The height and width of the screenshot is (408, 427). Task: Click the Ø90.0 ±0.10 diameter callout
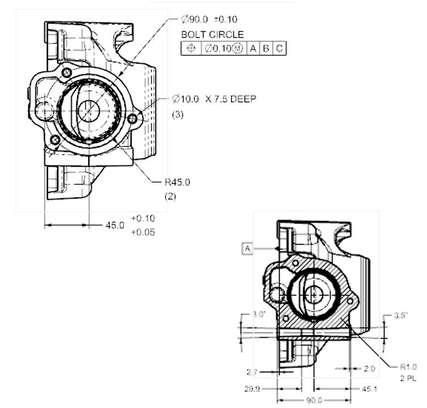[209, 20]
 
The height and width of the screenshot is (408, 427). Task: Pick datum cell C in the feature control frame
[279, 48]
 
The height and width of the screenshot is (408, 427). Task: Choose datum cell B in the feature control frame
[266, 48]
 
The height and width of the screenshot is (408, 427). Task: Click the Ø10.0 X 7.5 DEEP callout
[214, 98]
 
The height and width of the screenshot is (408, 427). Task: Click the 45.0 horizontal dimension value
[115, 225]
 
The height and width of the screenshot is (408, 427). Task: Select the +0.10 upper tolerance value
[143, 218]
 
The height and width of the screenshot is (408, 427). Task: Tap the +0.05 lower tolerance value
[143, 233]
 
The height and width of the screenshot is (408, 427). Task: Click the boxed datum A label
[248, 249]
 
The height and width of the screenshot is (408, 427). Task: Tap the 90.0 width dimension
[314, 400]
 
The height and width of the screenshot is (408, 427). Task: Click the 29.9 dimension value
[252, 389]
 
